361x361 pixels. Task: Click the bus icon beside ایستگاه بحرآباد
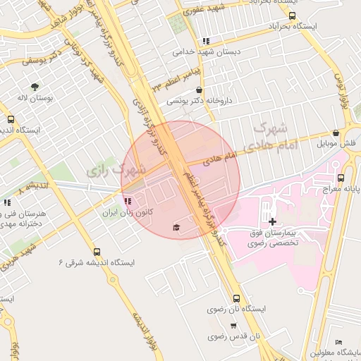pyautogui.click(x=292, y=16)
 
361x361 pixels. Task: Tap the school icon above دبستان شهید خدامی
pyautogui.click(x=205, y=41)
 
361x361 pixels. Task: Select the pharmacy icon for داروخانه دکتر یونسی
pyautogui.click(x=201, y=90)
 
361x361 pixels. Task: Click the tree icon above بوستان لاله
pyautogui.click(x=35, y=87)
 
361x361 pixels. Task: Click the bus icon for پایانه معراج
pyautogui.click(x=341, y=177)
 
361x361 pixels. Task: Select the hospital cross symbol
pyautogui.click(x=272, y=221)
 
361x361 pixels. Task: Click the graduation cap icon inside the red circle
pyautogui.click(x=176, y=227)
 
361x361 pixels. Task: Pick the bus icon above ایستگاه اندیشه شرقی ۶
pyautogui.click(x=97, y=251)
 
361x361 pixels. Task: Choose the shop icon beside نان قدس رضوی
pyautogui.click(x=233, y=326)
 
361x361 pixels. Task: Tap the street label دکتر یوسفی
pyautogui.click(x=37, y=60)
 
